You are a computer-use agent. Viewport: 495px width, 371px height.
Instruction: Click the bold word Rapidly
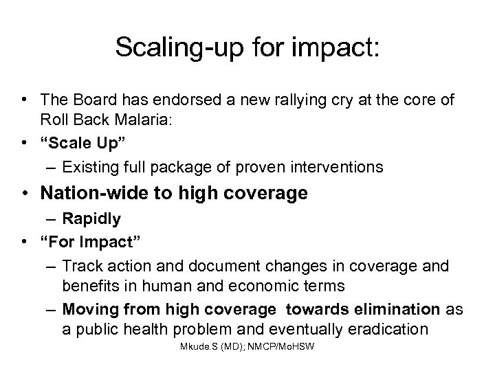pyautogui.click(x=91, y=218)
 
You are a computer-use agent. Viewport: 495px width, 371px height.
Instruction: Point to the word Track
pyautogui.click(x=79, y=265)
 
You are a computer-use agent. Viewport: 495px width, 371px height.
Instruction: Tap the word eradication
pyautogui.click(x=391, y=328)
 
